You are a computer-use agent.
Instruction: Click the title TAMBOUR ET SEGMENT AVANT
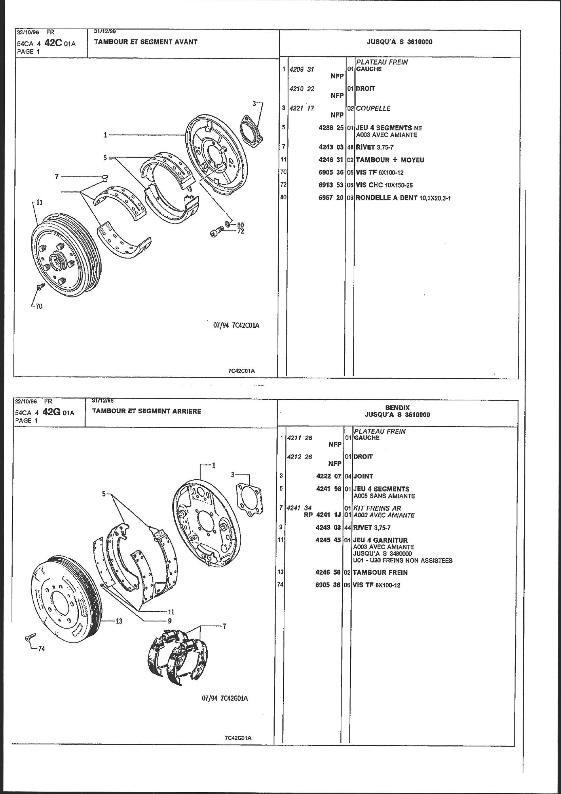point(146,42)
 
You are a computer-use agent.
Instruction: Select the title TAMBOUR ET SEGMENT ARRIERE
point(146,411)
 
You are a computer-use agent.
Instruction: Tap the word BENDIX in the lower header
point(397,408)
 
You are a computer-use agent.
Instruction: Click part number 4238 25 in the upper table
point(331,128)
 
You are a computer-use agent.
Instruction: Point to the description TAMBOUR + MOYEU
point(390,160)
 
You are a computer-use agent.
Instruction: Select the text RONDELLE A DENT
point(386,198)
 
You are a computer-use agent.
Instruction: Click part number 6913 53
point(331,185)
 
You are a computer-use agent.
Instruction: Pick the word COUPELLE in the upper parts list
point(373,108)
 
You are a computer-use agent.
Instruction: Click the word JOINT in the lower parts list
point(363,476)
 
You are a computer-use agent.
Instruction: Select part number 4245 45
point(328,540)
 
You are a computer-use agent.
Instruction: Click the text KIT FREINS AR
point(377,508)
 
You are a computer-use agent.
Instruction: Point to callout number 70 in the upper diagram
point(39,306)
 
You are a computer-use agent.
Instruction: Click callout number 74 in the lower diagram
point(41,649)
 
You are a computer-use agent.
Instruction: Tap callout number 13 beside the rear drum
point(119,621)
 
